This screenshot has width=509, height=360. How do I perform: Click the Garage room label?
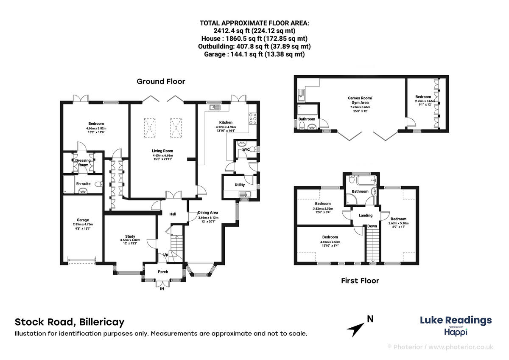click(83, 220)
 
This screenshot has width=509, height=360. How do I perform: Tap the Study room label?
click(130, 236)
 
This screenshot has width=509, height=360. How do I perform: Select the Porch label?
click(163, 272)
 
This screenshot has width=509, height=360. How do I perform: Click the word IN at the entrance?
click(162, 289)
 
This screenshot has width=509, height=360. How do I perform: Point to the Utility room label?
click(240, 185)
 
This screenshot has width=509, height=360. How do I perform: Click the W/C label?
click(246, 150)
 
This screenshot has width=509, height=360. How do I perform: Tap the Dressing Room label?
click(83, 163)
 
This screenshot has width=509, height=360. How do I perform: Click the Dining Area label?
click(208, 213)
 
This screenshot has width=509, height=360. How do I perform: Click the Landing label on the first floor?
click(366, 215)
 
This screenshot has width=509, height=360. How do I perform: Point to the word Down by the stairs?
click(372, 226)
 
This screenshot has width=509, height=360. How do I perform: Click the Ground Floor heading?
click(161, 81)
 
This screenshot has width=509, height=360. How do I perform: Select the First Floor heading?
click(360, 281)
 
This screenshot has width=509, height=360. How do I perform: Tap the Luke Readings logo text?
click(456, 320)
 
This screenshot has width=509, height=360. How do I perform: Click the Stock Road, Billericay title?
click(70, 322)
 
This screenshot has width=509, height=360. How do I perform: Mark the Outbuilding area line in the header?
click(255, 46)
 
